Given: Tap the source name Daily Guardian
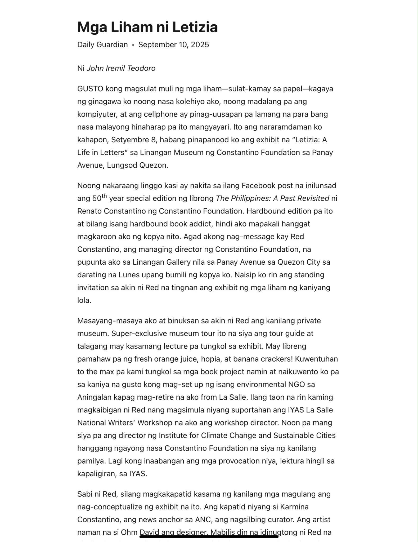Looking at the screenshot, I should click(102, 45).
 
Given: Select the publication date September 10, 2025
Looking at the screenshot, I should click(174, 45).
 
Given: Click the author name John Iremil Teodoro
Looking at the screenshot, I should click(121, 68).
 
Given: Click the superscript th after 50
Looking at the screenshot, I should click(104, 196).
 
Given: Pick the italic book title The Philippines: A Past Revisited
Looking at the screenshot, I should click(272, 198).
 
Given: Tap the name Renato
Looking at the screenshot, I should click(89, 211).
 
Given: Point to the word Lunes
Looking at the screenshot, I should click(129, 275).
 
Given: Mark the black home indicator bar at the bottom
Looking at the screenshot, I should click(209, 537).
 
